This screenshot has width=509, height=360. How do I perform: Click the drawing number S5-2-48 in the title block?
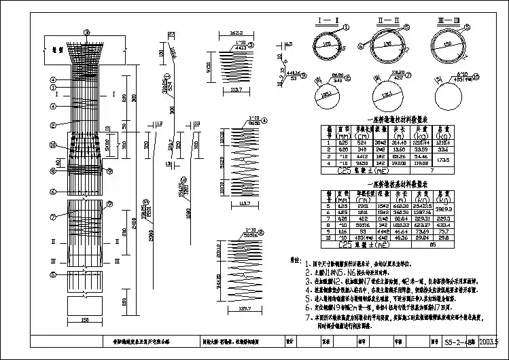[x=465, y=343]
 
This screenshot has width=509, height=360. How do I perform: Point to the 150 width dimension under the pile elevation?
[x=84, y=321]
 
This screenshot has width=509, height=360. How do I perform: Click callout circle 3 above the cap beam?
[x=86, y=31]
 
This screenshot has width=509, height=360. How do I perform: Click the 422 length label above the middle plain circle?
[x=391, y=78]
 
